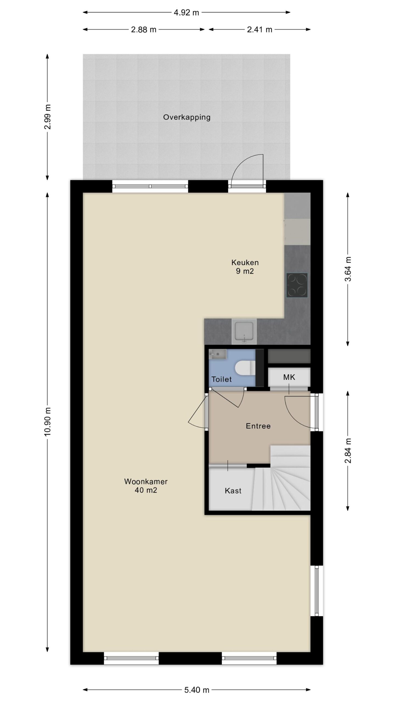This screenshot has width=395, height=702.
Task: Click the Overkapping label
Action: point(187,117)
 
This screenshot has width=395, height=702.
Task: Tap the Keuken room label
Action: point(245,262)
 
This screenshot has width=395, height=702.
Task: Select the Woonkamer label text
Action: point(146,481)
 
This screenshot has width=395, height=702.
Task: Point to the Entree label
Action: point(258,426)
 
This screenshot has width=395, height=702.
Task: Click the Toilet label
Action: point(221,379)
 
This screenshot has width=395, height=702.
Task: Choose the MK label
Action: point(289,377)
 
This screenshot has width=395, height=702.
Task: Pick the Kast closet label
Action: point(233,491)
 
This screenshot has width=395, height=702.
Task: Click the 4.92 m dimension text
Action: point(186,13)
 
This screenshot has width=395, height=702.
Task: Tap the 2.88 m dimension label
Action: point(143,30)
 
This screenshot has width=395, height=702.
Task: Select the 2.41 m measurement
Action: point(259,30)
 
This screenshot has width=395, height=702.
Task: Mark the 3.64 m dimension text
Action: point(348,269)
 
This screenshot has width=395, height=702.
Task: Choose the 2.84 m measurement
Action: point(348,451)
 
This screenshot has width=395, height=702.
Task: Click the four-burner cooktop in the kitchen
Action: point(297,285)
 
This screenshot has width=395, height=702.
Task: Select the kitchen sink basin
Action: point(244,331)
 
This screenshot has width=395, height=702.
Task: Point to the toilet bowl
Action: point(246,368)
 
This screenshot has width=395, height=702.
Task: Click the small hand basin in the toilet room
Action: point(218,354)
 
